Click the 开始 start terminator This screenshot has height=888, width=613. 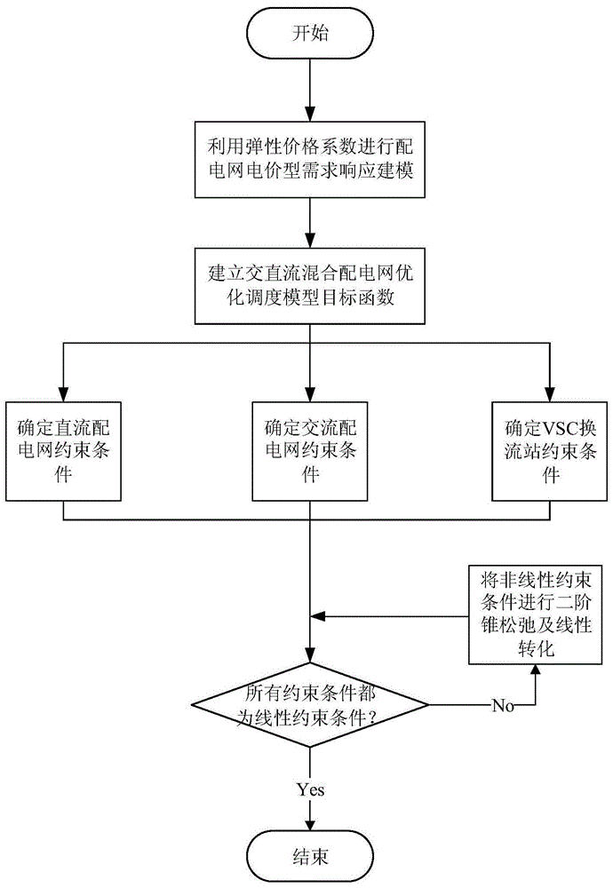309,34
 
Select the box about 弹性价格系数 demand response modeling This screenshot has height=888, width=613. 309,159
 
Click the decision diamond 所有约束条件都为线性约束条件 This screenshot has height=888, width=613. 309,706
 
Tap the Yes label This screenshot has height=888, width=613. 309,788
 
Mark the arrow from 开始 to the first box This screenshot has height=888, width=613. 309,89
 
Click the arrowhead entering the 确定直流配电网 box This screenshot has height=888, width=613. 63,394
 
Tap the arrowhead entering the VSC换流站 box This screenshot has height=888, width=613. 551,394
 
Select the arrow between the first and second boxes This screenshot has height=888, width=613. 309,222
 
